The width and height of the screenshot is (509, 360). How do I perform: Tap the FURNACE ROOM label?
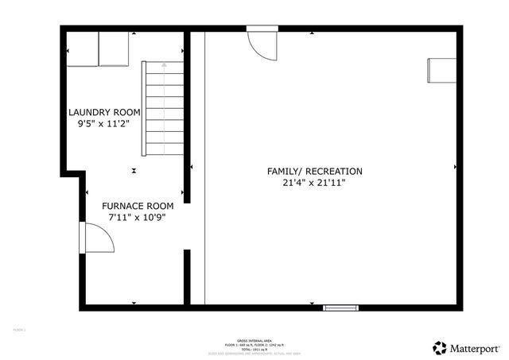pyautogui.click(x=137, y=205)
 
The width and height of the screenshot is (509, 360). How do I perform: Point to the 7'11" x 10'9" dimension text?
pyautogui.click(x=137, y=217)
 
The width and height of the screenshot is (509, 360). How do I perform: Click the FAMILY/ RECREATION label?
pyautogui.click(x=315, y=171)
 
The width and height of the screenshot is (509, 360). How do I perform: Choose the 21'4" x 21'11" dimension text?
pyautogui.click(x=315, y=183)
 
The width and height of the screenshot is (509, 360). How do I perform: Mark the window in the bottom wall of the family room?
pyautogui.click(x=340, y=308)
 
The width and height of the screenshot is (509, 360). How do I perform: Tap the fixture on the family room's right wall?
pyautogui.click(x=440, y=70)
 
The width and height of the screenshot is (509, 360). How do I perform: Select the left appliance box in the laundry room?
pyautogui.click(x=81, y=48)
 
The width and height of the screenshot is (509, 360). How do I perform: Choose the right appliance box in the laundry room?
pyautogui.click(x=113, y=48)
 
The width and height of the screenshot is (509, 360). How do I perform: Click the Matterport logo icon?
pyautogui.click(x=439, y=347)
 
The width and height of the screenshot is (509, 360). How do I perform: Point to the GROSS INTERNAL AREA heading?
pyautogui.click(x=254, y=339)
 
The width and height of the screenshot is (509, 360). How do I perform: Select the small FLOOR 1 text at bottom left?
pyautogui.click(x=19, y=329)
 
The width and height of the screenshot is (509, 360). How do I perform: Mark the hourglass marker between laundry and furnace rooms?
pyautogui.click(x=134, y=169)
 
